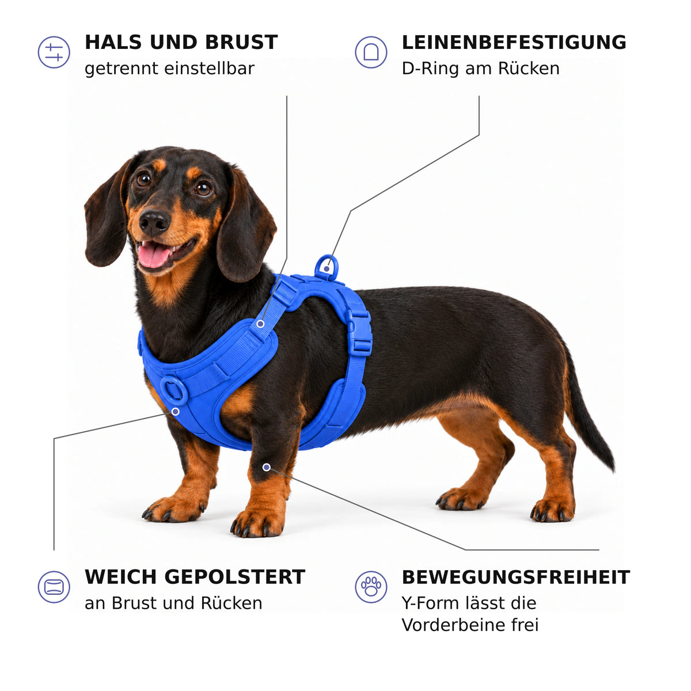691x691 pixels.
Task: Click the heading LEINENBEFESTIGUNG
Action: coord(514,42)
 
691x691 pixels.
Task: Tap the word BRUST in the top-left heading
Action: coord(241,42)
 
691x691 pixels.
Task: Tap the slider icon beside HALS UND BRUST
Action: coord(54,52)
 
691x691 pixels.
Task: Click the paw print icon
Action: coord(371,587)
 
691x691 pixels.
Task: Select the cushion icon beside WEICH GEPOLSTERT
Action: coord(54,587)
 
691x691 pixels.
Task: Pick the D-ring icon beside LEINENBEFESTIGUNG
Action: coord(371,52)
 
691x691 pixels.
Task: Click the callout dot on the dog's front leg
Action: coord(266,467)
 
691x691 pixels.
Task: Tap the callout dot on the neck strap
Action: coord(261,324)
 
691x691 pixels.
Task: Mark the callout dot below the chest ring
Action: coord(176,412)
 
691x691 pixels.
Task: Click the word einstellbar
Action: coord(210,68)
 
